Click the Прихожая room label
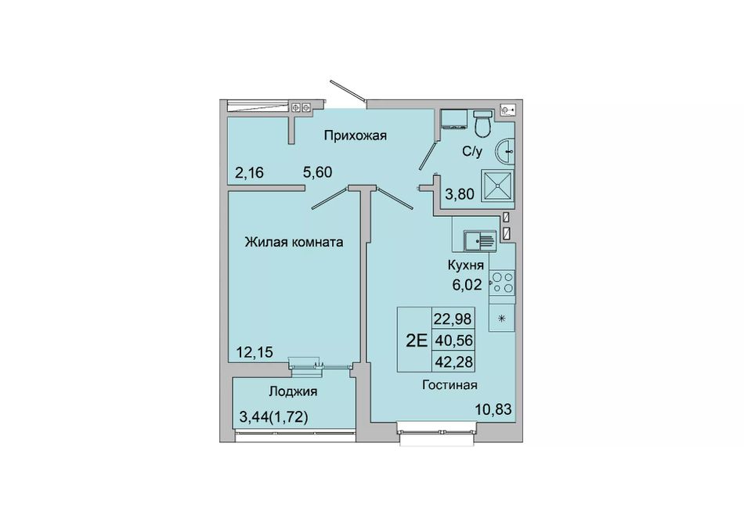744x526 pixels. pos(356,135)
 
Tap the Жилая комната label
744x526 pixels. pos(294,243)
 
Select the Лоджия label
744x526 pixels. pos(293,392)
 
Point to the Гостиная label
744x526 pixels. pos(450,385)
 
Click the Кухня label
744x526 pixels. pos(466,265)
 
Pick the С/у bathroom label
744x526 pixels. pos(472,152)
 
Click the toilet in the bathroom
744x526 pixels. pos(483,122)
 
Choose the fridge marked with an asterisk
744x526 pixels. pos(502,318)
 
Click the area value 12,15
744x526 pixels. pos(255,352)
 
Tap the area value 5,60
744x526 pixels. pos(317,172)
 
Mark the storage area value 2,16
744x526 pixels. pos(249,172)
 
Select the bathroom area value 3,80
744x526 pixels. pos(459,194)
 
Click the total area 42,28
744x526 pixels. pos(453,362)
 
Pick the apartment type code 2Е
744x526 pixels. pos(417,340)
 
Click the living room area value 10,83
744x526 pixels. pos(493,409)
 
